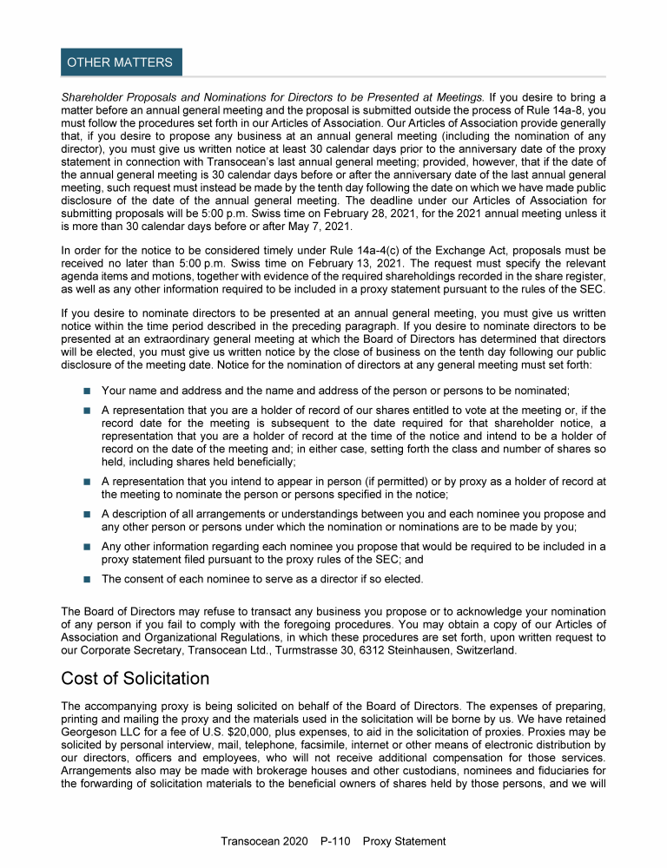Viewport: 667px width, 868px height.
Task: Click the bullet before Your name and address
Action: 87,391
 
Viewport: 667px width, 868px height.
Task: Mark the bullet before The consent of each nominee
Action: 87,579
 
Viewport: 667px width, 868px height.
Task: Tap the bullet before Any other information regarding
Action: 87,547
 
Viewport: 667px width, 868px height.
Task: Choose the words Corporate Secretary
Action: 137,649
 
